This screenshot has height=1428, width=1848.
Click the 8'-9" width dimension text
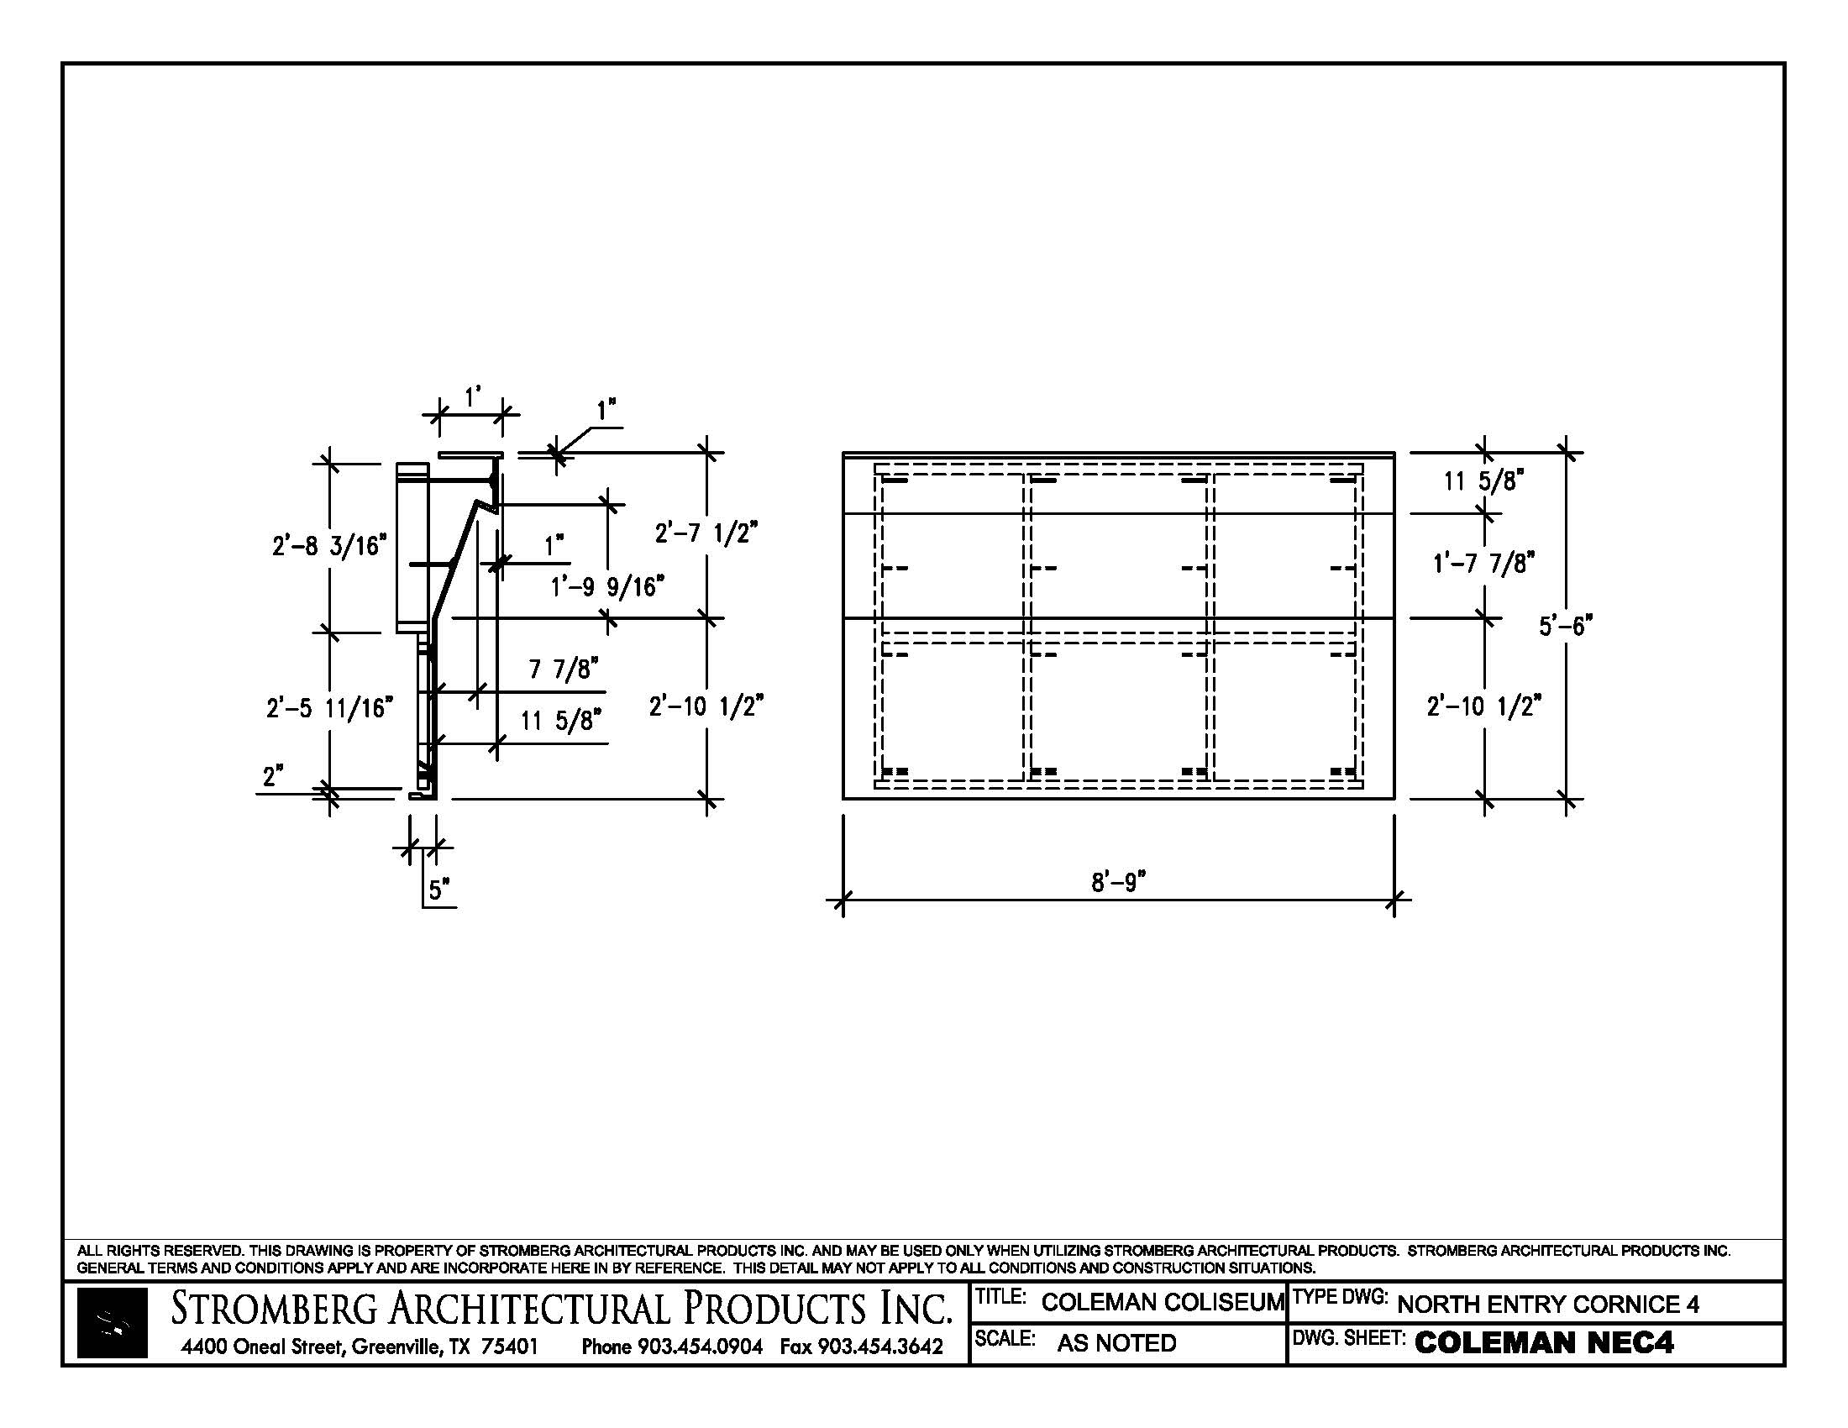coord(1117,882)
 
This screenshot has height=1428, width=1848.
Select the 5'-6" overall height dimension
coord(1565,626)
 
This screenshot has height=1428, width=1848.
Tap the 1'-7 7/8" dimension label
coord(1484,563)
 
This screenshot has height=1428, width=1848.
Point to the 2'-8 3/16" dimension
coord(329,546)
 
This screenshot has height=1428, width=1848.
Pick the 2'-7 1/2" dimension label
coord(706,533)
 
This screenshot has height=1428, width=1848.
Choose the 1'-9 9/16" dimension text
coord(606,586)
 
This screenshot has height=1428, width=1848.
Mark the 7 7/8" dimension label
coord(564,669)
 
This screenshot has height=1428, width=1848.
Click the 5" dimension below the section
coord(438,890)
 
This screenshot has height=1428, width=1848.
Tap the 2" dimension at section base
coord(272,776)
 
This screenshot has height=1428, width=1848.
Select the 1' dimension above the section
coord(472,395)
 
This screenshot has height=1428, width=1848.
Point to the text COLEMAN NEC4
coord(1543,1342)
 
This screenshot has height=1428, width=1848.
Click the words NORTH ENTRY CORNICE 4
coord(1547,1304)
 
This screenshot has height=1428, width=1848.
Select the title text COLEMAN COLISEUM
coord(1163,1302)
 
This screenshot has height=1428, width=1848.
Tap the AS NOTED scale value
coord(1116,1342)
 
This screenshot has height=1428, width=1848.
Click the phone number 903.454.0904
coord(700,1346)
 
